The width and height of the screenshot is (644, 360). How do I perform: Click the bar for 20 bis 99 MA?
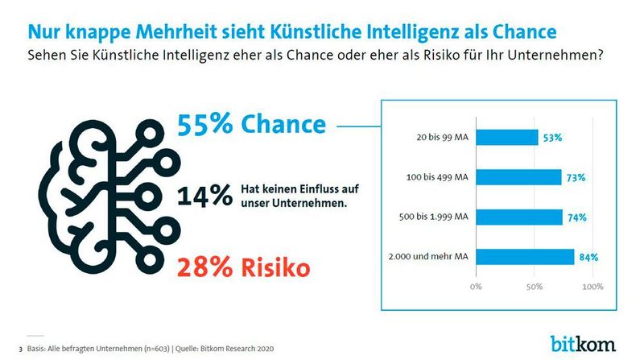(x=506, y=138)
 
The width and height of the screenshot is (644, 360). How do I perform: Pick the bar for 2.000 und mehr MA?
(x=524, y=257)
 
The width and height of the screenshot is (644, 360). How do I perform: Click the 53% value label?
(x=552, y=139)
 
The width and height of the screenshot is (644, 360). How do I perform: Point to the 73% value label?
(x=576, y=178)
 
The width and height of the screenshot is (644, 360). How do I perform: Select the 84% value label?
(x=588, y=258)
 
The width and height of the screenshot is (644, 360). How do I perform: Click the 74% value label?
(x=576, y=217)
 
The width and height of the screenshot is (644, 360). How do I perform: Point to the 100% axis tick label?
(x=592, y=286)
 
